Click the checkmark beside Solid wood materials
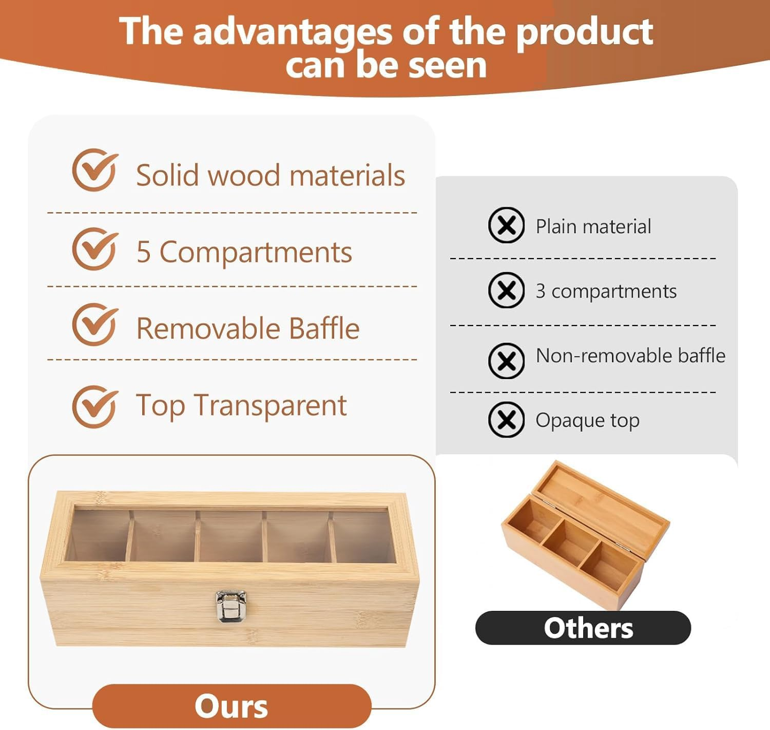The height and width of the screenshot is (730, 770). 95,171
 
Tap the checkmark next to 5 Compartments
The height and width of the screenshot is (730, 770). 95,250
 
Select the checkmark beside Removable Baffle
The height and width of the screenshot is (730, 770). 95,325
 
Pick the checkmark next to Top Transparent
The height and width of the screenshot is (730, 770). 95,407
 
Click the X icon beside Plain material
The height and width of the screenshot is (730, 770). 506,226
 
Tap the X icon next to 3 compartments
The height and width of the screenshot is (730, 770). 506,290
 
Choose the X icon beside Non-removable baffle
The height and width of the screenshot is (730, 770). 506,361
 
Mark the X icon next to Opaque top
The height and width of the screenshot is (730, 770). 506,420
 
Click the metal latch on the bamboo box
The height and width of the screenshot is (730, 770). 230,606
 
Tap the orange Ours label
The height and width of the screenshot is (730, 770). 232,706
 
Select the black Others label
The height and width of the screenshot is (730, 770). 583,628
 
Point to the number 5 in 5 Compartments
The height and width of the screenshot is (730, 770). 143,252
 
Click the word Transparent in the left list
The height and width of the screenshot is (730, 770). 270,405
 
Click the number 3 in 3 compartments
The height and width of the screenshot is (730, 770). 541,291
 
